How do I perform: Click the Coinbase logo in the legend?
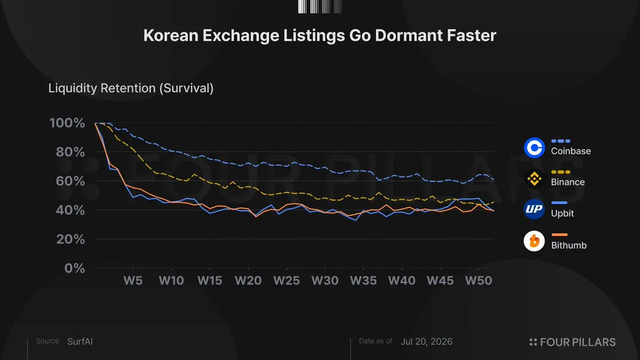click(534, 147)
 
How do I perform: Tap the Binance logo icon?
click(534, 179)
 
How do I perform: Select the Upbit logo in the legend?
click(534, 209)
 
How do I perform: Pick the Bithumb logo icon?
click(534, 241)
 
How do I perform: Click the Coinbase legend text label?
click(571, 151)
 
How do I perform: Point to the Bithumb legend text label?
click(569, 245)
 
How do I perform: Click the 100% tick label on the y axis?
click(67, 123)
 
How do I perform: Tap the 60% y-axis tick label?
click(70, 181)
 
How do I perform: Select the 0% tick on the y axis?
click(75, 268)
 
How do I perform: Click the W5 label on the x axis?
click(133, 281)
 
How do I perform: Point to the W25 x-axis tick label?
click(286, 281)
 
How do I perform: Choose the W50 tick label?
click(478, 281)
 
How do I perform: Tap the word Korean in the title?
click(171, 35)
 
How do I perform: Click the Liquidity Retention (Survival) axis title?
click(131, 88)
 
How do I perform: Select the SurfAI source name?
click(80, 341)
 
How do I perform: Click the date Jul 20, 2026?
click(427, 341)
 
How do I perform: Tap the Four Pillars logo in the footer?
click(572, 342)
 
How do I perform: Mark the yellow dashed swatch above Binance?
click(561, 172)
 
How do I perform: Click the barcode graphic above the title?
click(320, 6)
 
